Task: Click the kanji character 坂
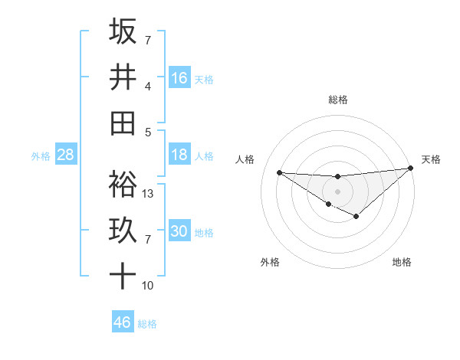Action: coord(123,32)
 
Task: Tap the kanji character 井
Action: coord(123,77)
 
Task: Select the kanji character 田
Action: coord(123,123)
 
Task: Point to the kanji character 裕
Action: coord(123,185)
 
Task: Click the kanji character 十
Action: coord(123,276)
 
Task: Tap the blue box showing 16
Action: coord(179,77)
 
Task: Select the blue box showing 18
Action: coord(179,155)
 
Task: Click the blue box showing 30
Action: coord(179,231)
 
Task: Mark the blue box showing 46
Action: coord(123,322)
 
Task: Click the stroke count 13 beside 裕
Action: coord(149,194)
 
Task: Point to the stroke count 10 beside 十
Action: coord(148,286)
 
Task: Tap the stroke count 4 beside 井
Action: coord(148,87)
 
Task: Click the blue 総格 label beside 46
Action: coord(147,324)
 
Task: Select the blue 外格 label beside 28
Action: coord(41,156)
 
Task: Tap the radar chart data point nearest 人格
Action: coord(279,172)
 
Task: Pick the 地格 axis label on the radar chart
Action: coord(402,262)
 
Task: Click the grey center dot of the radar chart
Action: coord(337,191)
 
